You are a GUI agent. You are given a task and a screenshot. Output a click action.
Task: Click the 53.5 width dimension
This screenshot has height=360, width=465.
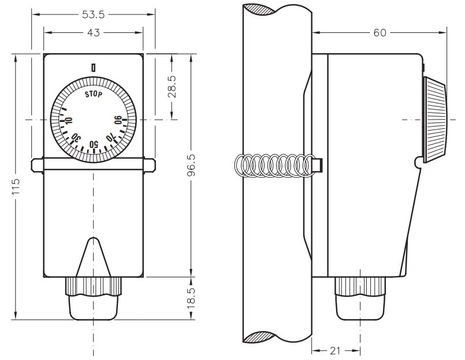coord(94,14)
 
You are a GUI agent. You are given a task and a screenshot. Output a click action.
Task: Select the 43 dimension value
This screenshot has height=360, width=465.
coord(94,32)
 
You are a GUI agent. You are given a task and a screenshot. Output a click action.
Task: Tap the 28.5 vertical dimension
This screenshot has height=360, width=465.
coord(172,87)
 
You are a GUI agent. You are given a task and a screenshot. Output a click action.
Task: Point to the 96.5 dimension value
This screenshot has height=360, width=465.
coord(191,165)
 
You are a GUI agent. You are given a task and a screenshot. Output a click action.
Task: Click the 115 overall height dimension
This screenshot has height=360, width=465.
coord(16,187)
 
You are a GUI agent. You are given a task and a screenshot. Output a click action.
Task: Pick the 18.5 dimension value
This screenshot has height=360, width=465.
coord(191,298)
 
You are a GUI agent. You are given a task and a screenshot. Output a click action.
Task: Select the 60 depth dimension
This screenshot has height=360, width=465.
coord(380,32)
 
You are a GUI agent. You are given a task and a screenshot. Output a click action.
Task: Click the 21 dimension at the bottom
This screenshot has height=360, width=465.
coord(335,351)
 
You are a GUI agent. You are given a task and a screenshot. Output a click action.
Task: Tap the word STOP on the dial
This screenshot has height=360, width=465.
coord(94,94)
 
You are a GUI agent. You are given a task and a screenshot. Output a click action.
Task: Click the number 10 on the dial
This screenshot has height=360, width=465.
coord(69,121)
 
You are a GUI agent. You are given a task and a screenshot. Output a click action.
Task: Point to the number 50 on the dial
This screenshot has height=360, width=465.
coord(94,144)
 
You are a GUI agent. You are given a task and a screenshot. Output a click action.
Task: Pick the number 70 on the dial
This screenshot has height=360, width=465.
coord(110,138)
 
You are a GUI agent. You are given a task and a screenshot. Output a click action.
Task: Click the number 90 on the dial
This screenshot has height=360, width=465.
coord(118,120)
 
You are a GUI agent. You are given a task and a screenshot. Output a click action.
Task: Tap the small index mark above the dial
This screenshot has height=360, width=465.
coord(94,68)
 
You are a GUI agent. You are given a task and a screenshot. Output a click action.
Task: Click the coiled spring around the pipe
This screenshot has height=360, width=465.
coord(275,166)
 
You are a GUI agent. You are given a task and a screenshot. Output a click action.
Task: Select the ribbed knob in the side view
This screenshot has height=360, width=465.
coord(435,120)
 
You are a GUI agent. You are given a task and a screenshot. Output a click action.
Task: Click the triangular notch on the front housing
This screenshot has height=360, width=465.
coord(94,257)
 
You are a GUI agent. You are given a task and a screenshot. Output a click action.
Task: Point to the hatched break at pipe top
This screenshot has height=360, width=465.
coord(259,9)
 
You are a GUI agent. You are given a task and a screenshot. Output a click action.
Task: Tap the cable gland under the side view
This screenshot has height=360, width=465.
coord(360,298)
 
